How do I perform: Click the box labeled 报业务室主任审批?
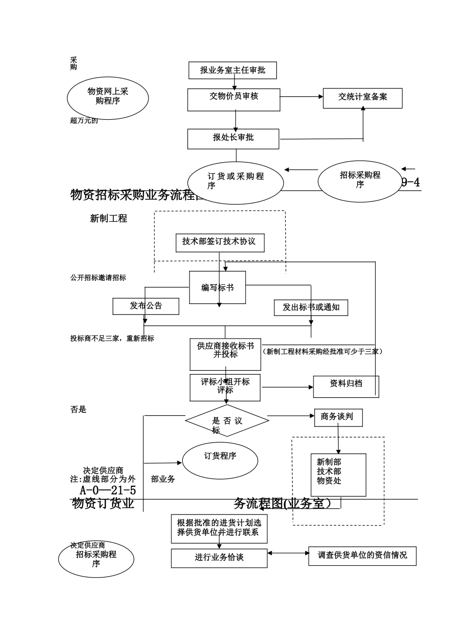pyautogui.click(x=232, y=70)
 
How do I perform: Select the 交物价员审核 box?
pyautogui.click(x=233, y=100)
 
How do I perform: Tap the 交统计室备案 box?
pyautogui.click(x=362, y=98)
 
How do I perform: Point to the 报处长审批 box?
pyautogui.click(x=233, y=139)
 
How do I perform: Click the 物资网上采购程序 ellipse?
pyautogui.click(x=107, y=97)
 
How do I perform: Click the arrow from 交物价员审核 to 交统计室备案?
pyautogui.click(x=301, y=97)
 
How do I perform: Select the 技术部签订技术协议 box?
pyautogui.click(x=219, y=243)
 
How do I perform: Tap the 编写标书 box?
pyautogui.click(x=217, y=288)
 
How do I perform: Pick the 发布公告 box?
pyautogui.click(x=146, y=306)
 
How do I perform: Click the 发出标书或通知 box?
pyautogui.click(x=311, y=308)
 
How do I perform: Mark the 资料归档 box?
pyautogui.click(x=346, y=386)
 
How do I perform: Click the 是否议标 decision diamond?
pyautogui.click(x=227, y=421)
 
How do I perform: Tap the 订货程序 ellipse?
pyautogui.click(x=220, y=460)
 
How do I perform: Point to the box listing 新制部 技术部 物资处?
pyautogui.click(x=338, y=475)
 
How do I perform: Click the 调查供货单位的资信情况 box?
pyautogui.click(x=362, y=556)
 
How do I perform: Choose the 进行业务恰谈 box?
pyautogui.click(x=219, y=558)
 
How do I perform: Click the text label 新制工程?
pyautogui.click(x=108, y=219)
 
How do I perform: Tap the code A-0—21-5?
pyautogui.click(x=108, y=490)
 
